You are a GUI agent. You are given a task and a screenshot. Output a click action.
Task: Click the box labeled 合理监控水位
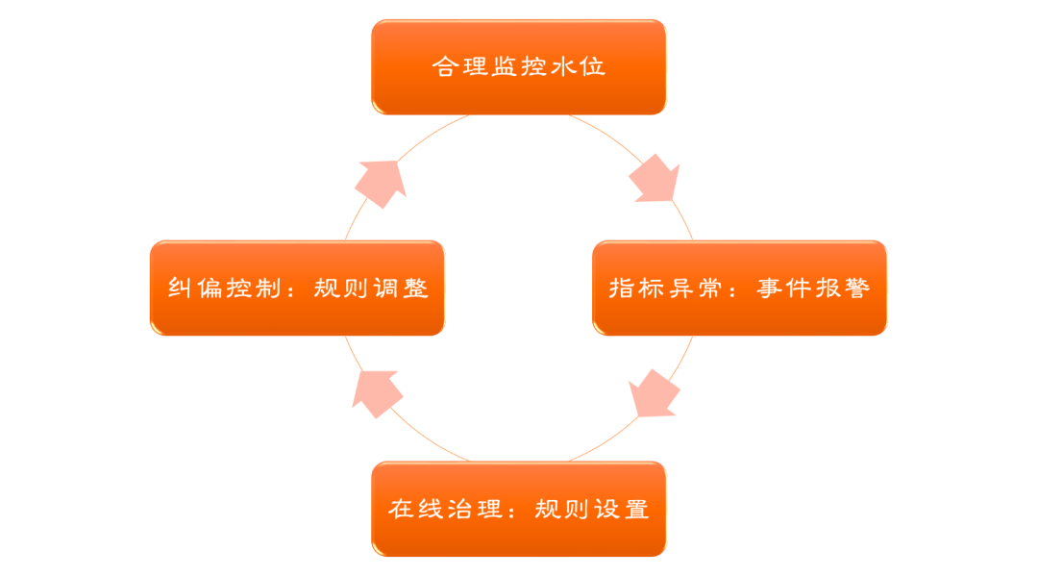(519, 67)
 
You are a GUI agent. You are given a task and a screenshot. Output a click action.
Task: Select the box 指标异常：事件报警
(740, 288)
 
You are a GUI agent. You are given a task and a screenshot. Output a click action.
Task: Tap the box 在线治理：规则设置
(519, 509)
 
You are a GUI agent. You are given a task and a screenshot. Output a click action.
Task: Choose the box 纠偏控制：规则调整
(297, 288)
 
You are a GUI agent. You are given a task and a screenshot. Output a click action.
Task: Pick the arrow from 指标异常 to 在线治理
(654, 393)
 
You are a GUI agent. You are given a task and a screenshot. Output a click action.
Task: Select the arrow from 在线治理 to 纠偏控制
(377, 392)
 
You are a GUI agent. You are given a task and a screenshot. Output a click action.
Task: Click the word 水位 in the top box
(581, 67)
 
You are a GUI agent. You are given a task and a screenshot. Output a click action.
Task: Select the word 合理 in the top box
(457, 67)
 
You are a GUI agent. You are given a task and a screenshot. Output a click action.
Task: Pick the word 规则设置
(592, 509)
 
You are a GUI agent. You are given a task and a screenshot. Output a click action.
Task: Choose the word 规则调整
(371, 288)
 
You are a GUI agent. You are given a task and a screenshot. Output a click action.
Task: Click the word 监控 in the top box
(519, 67)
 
